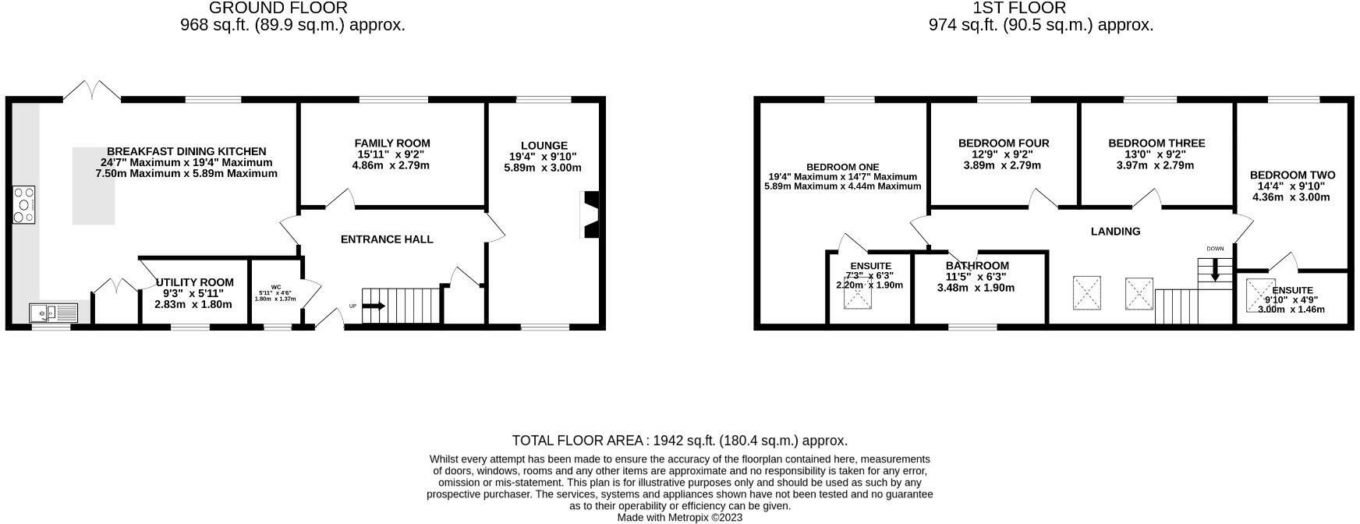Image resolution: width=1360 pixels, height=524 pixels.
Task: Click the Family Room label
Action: (x=392, y=143)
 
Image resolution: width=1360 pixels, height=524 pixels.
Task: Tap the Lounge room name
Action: (x=544, y=146)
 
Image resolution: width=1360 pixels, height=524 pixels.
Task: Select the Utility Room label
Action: (x=195, y=282)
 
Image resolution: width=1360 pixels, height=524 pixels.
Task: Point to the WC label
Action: (x=276, y=287)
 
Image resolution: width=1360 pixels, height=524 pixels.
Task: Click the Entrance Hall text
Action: (x=387, y=239)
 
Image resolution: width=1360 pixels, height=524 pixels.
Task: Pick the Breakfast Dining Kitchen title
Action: (x=186, y=151)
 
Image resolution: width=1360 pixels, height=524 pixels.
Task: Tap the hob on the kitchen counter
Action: (x=23, y=205)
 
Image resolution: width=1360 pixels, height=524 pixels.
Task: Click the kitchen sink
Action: (x=54, y=313)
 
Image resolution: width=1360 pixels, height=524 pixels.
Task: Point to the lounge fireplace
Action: (x=590, y=214)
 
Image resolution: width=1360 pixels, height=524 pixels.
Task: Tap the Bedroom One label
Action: (x=842, y=168)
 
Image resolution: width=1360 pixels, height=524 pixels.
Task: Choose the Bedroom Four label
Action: (x=1004, y=143)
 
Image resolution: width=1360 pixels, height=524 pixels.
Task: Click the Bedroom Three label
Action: (x=1156, y=143)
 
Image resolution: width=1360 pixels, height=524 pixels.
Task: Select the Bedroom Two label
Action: (x=1292, y=175)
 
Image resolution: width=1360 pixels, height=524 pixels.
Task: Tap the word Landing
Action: (x=1115, y=232)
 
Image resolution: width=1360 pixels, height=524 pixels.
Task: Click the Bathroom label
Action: (x=977, y=266)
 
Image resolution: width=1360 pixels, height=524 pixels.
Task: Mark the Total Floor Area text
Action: (x=680, y=441)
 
